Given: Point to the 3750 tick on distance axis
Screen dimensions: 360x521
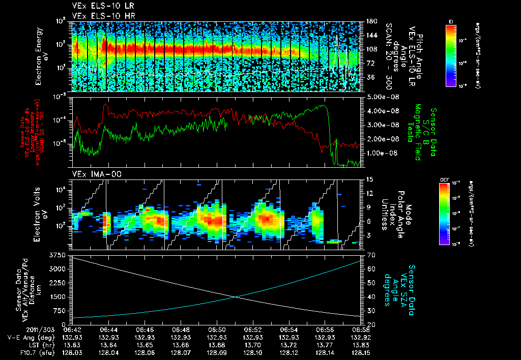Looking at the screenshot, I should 59,254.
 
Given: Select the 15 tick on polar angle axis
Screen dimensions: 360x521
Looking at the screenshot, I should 368,179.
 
